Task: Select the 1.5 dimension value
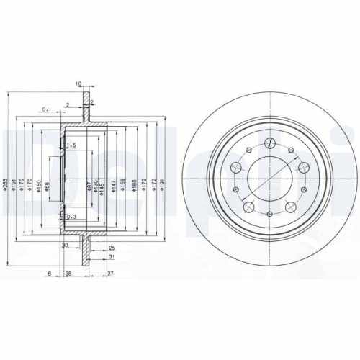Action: pos(71,146)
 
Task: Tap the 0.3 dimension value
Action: pos(71,217)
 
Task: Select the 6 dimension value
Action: pos(48,274)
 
